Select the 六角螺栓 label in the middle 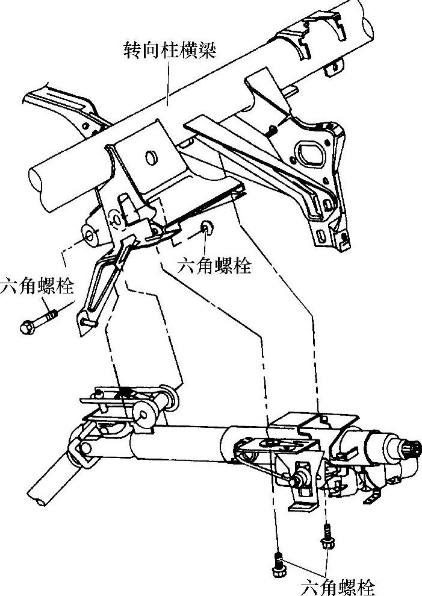click(x=214, y=266)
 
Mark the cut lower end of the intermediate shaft click(x=37, y=498)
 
